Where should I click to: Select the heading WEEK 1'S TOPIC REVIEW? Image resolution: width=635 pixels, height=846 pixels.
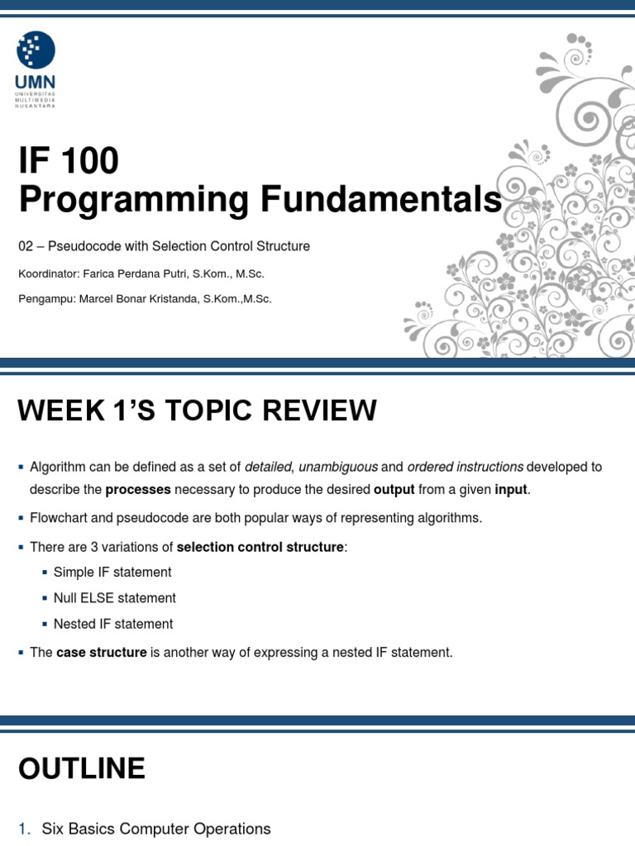click(x=197, y=410)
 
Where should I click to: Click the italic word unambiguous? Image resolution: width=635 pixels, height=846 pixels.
click(x=337, y=467)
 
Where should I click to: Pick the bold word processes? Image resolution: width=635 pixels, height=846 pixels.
click(x=138, y=489)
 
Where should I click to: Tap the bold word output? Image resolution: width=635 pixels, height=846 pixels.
click(x=394, y=489)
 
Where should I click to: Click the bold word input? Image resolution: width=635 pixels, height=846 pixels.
click(x=510, y=489)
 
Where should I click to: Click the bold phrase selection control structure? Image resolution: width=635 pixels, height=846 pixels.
click(x=260, y=547)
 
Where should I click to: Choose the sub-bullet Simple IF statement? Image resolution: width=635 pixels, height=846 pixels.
click(x=112, y=572)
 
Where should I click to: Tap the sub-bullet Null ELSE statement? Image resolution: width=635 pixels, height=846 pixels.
click(x=114, y=597)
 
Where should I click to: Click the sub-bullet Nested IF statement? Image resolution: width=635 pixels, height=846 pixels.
click(x=113, y=624)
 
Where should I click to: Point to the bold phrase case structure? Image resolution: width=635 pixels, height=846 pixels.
click(x=101, y=652)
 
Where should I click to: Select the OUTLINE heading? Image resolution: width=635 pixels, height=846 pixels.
click(x=81, y=769)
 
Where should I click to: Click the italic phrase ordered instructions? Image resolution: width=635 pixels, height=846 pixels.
click(x=465, y=467)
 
